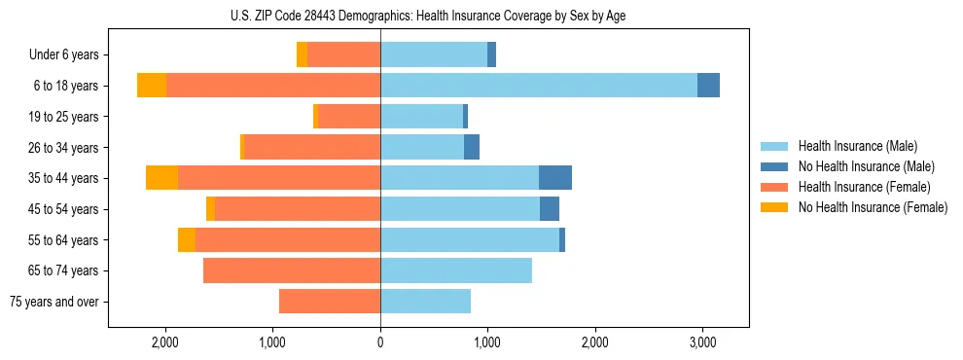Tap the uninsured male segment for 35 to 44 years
coord(555,178)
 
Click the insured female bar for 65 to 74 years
coord(292,270)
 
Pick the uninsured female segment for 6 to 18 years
coord(152,86)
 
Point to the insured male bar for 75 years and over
coord(425,302)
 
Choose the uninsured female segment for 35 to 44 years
coord(161,178)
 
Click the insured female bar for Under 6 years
coord(343,54)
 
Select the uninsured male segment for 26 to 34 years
coord(472,147)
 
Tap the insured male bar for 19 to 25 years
coord(421,117)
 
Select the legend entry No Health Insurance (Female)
coord(873,207)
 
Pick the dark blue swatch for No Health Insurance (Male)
coord(774,166)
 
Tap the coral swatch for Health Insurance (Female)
coord(774,187)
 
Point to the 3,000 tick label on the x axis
coord(702,342)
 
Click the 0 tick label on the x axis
coord(380,342)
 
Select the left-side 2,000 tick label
coord(165,342)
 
